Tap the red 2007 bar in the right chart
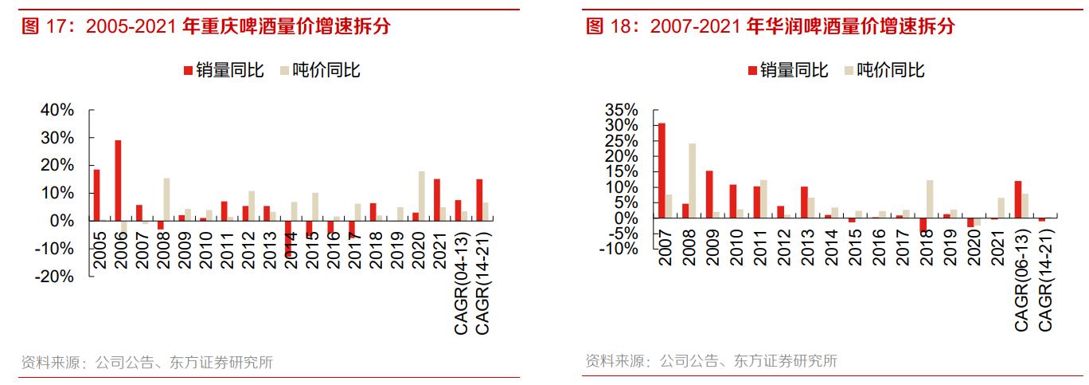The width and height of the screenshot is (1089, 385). click(662, 171)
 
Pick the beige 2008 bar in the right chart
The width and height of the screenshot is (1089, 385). click(693, 181)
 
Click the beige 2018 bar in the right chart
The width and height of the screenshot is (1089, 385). click(930, 199)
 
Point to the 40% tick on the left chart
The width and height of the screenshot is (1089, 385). click(57, 110)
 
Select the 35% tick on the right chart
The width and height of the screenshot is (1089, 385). click(622, 110)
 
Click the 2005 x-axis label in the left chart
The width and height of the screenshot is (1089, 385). click(97, 251)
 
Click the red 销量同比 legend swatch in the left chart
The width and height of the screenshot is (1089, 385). click(188, 71)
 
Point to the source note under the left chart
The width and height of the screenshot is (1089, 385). click(146, 363)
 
